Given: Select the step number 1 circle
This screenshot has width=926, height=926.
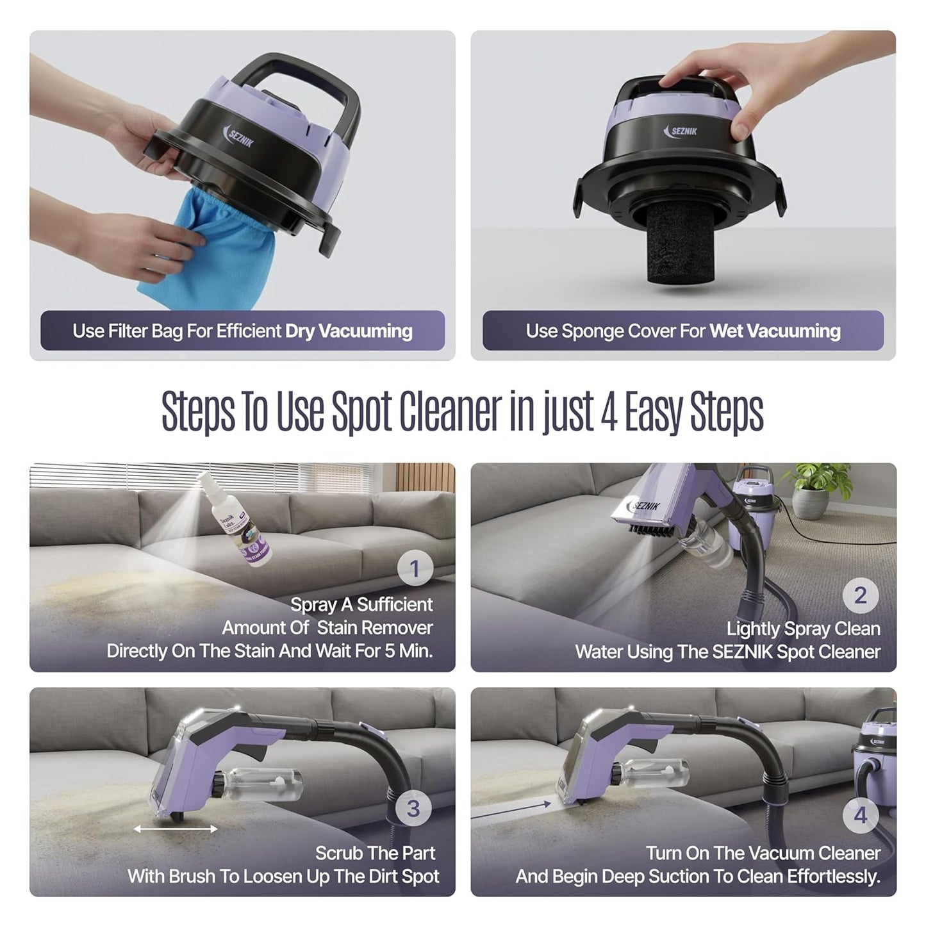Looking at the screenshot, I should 414,568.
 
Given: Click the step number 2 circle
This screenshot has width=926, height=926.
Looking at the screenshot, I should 860,595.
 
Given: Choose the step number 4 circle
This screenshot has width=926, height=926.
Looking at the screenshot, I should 860,815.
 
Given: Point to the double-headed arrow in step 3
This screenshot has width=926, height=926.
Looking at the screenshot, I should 176,829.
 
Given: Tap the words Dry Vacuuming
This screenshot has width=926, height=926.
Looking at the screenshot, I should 349,331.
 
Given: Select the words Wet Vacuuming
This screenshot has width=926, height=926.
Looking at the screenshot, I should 775,331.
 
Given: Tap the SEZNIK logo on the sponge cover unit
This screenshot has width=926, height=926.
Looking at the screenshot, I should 681,131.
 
